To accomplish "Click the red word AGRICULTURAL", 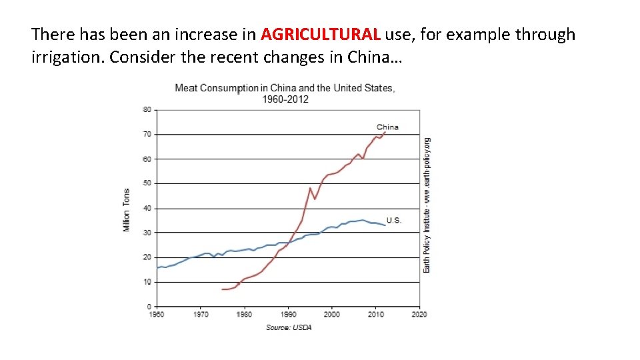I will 321,34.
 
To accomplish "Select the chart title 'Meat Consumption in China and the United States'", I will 284,88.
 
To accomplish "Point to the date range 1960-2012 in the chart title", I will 285,99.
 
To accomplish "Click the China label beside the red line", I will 387,127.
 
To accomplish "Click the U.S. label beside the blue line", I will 394,220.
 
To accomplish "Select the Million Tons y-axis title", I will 127,210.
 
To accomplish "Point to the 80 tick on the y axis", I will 147,109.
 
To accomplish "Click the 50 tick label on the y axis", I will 147,183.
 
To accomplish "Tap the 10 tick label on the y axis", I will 147,282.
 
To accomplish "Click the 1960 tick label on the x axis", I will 157,314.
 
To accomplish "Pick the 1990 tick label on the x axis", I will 288,314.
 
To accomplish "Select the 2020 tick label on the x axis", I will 419,314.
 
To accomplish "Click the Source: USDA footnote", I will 289,327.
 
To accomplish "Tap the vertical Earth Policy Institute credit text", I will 427,205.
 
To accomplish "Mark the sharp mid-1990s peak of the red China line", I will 310,188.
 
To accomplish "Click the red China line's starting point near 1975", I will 223,289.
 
